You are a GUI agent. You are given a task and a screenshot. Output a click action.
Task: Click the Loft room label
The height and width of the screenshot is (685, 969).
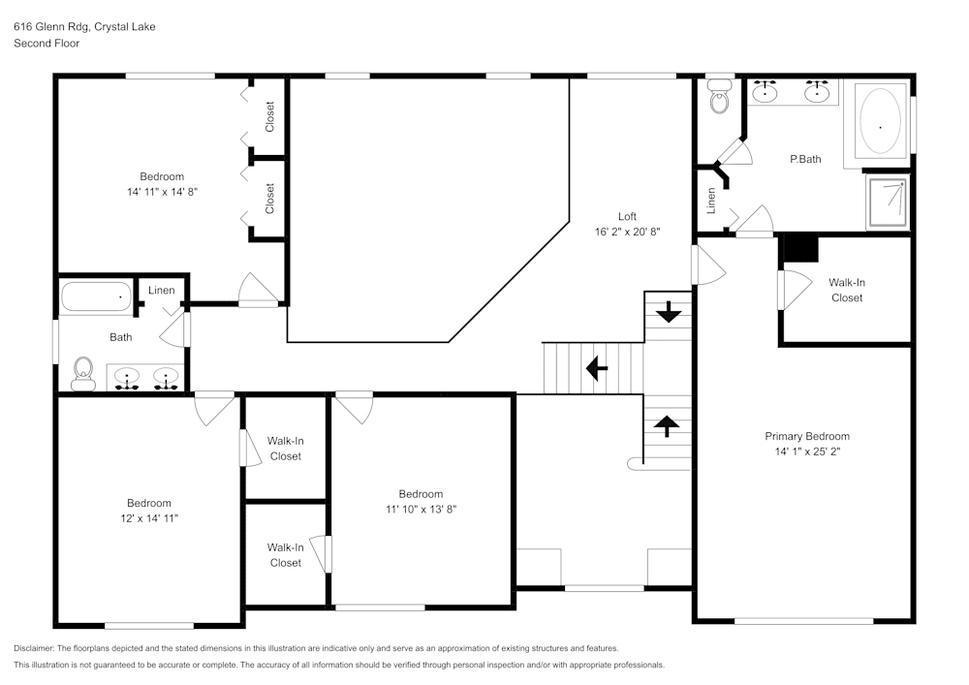coord(627,216)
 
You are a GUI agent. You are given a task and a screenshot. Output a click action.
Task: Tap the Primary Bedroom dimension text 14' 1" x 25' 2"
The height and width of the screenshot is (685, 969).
coord(806,451)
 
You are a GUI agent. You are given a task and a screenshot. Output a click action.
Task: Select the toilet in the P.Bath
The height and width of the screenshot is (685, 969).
coord(719,97)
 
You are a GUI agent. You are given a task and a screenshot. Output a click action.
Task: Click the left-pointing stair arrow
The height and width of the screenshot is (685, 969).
coord(596,368)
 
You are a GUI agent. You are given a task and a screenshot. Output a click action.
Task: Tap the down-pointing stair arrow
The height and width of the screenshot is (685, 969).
coord(668,314)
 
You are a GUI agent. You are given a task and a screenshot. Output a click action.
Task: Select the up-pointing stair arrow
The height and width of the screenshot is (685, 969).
coord(668,422)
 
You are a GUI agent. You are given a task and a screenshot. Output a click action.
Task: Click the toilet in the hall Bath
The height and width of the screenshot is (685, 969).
coord(83,372)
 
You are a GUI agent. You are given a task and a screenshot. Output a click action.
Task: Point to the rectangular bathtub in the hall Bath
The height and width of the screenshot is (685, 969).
coord(96,297)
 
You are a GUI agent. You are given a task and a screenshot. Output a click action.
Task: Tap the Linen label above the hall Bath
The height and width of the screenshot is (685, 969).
coord(162,291)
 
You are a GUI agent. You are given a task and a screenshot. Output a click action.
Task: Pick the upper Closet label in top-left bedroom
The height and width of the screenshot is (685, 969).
coord(270,117)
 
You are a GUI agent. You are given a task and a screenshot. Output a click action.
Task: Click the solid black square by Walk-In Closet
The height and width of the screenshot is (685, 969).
coord(800,248)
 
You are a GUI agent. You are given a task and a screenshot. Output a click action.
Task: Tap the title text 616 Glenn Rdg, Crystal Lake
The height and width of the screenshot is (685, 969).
coord(84,27)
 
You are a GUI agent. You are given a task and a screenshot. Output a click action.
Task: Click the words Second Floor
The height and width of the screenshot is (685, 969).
coord(47,44)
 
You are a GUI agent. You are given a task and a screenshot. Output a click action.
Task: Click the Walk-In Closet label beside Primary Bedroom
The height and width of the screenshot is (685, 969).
coord(846,290)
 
